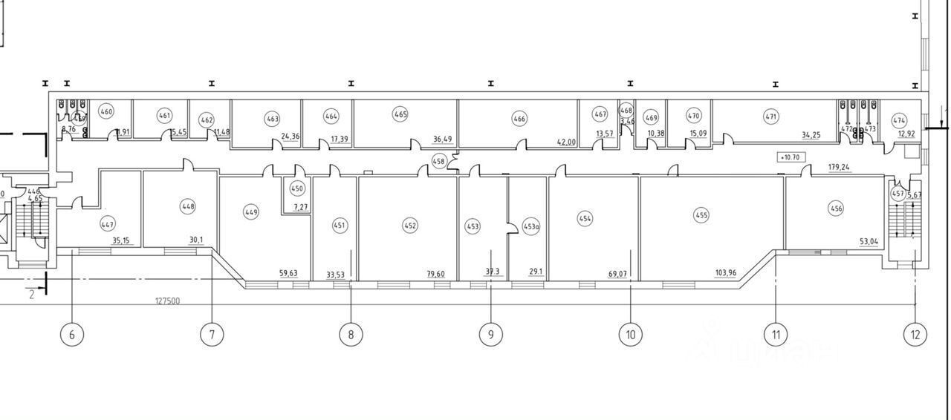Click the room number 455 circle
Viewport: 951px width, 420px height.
(701, 215)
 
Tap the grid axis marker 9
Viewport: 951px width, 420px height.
(490, 335)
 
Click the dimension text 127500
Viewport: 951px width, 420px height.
(167, 301)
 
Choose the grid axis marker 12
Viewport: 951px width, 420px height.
(915, 335)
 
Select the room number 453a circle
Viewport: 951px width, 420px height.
(530, 227)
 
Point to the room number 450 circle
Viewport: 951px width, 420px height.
(297, 189)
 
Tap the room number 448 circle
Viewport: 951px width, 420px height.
(188, 206)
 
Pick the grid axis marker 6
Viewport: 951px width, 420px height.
(71, 335)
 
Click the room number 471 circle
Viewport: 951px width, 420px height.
(771, 116)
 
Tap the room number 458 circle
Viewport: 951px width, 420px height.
(439, 161)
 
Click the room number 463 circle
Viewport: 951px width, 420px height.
(272, 119)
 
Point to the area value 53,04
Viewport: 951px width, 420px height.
(867, 241)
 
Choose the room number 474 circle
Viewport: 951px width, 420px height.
(899, 120)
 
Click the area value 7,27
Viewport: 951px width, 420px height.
(301, 208)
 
